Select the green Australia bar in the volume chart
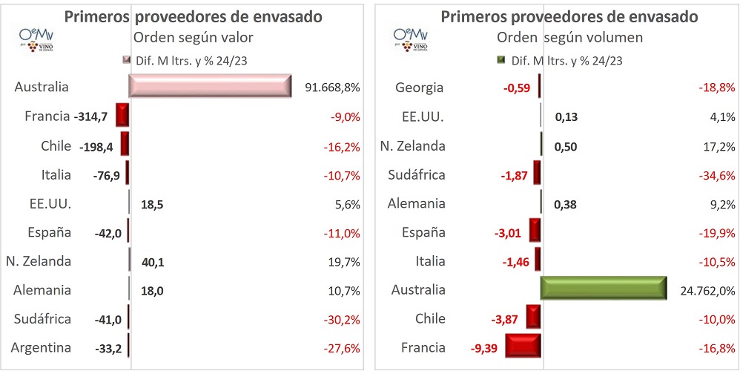click(x=604, y=289)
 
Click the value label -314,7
click(x=92, y=117)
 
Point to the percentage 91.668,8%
click(x=332, y=88)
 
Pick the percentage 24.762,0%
click(x=707, y=290)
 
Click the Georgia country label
click(x=420, y=88)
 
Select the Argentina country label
click(x=42, y=347)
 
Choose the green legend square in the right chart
click(x=501, y=61)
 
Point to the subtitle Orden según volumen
click(x=569, y=38)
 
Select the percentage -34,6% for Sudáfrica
click(x=716, y=175)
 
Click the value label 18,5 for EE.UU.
click(x=152, y=204)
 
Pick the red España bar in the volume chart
click(x=535, y=232)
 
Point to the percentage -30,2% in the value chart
click(x=341, y=319)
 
